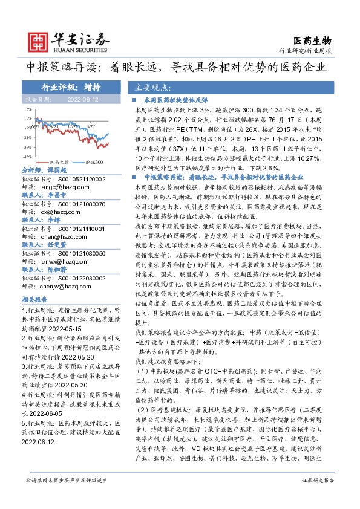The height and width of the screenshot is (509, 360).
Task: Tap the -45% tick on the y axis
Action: click(x=28, y=156)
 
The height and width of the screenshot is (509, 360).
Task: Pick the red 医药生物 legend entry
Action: click(x=59, y=162)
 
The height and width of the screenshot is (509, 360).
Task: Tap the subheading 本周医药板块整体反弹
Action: click(x=175, y=98)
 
